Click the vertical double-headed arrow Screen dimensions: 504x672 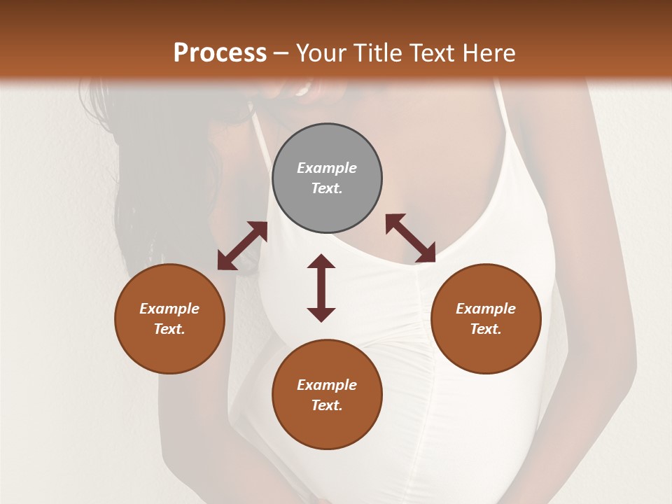pyautogui.click(x=321, y=288)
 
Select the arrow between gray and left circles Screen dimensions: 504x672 pyautogui.click(x=242, y=246)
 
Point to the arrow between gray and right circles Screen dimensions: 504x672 pyautogui.click(x=410, y=238)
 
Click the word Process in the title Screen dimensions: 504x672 pyautogui.click(x=220, y=53)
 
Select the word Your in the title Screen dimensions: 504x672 pyautogui.click(x=318, y=53)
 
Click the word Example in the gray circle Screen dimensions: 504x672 pyautogui.click(x=327, y=168)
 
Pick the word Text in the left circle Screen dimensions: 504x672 pyautogui.click(x=169, y=329)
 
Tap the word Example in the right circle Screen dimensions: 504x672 pyautogui.click(x=486, y=309)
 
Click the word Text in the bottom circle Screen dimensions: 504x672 pyautogui.click(x=327, y=405)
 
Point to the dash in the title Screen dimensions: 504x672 pyautogui.click(x=281, y=53)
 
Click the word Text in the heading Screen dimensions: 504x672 pyautogui.click(x=429, y=53)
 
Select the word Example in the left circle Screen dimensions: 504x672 pyautogui.click(x=169, y=309)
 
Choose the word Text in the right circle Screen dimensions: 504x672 pyautogui.click(x=486, y=329)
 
